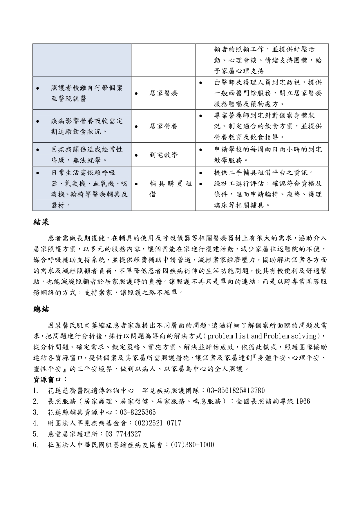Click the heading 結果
(x=41, y=222)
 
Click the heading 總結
(x=41, y=309)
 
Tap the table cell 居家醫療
(x=164, y=93)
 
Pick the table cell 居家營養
(x=164, y=126)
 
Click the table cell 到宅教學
(x=164, y=155)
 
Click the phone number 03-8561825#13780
(x=235, y=391)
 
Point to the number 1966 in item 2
(x=303, y=401)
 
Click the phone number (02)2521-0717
(x=158, y=423)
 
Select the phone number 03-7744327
(x=123, y=434)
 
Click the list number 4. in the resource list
(x=36, y=423)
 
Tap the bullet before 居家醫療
(x=136, y=93)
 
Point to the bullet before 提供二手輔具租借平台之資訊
(x=201, y=173)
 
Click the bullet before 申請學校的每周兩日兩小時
(x=201, y=150)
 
